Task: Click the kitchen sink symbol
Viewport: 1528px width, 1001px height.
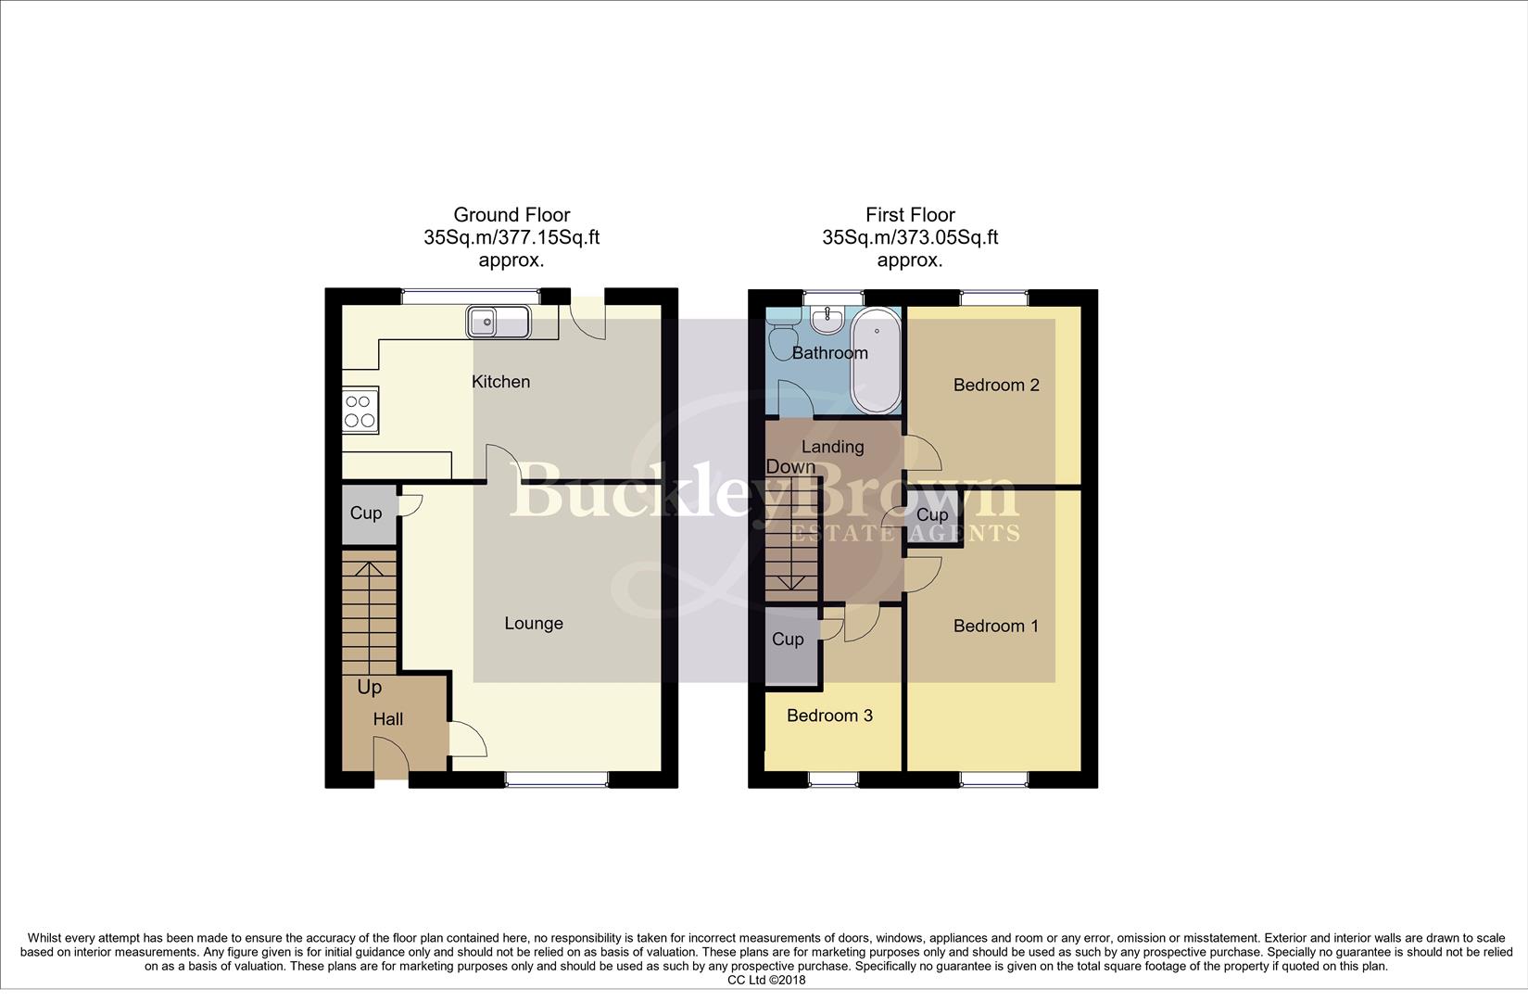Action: pyautogui.click(x=499, y=323)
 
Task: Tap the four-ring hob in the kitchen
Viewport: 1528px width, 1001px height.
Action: pyautogui.click(x=360, y=411)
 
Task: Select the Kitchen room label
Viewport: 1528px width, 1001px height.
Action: pyautogui.click(x=500, y=382)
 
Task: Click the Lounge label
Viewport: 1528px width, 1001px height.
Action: pyautogui.click(x=533, y=624)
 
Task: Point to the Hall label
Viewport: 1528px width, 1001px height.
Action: pyautogui.click(x=388, y=719)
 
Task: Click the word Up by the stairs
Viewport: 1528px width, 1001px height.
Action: pyautogui.click(x=369, y=688)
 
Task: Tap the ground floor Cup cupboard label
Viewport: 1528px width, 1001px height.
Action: pyautogui.click(x=365, y=513)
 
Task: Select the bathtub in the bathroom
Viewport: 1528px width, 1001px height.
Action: pyautogui.click(x=876, y=361)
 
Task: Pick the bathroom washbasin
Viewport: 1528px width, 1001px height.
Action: pyautogui.click(x=826, y=321)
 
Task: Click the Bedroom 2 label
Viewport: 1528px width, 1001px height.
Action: pyautogui.click(x=996, y=386)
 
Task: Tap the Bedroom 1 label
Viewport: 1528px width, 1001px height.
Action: pyautogui.click(x=995, y=627)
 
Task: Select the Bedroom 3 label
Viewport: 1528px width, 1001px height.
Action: pyautogui.click(x=829, y=716)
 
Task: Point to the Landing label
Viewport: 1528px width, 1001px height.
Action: pyautogui.click(x=832, y=447)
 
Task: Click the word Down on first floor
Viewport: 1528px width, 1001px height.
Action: pyautogui.click(x=790, y=467)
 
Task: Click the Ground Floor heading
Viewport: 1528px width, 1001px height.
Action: pyautogui.click(x=511, y=215)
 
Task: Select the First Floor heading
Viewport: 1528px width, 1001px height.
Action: pyautogui.click(x=910, y=215)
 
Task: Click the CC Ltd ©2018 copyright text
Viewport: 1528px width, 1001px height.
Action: pyautogui.click(x=766, y=980)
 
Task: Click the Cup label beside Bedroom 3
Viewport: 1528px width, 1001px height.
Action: pyautogui.click(x=788, y=640)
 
